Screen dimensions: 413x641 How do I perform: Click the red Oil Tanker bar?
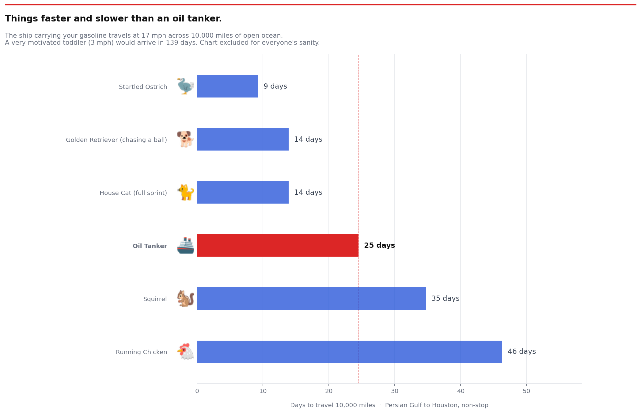278,245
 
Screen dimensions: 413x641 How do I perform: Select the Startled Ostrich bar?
227,86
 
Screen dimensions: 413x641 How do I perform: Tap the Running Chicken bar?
349,351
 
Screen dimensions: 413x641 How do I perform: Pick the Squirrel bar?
311,298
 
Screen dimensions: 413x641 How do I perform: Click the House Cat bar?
243,192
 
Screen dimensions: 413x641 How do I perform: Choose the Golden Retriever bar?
243,139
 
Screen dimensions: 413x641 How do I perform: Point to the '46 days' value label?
522,351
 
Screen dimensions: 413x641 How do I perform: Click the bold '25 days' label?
379,245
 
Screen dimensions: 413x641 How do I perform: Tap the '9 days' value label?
275,86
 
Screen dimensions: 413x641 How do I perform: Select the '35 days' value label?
445,298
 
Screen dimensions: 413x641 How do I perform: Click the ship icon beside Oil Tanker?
186,245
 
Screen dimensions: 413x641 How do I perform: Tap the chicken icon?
186,351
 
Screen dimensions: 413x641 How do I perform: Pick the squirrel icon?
186,298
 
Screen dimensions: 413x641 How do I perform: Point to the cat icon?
186,192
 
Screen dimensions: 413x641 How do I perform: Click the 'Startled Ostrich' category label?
143,87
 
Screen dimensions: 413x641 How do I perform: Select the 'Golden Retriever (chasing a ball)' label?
116,140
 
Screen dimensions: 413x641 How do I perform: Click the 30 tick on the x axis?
395,391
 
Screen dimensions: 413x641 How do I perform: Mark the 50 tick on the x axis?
526,391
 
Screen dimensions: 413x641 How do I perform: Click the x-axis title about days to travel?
389,405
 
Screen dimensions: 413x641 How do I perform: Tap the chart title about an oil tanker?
113,19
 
